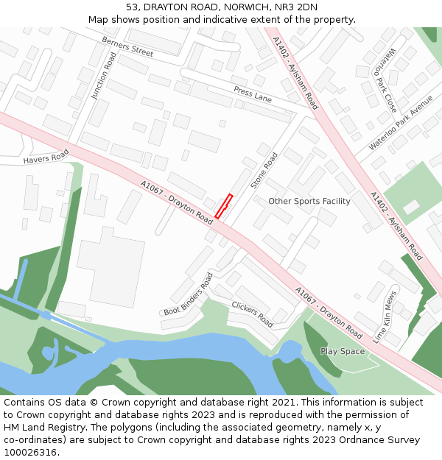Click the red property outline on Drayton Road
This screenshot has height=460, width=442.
pos(224,206)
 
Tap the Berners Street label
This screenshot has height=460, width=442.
pos(127,46)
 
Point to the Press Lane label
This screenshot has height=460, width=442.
pos(253,93)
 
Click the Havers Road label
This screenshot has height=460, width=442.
pos(46,156)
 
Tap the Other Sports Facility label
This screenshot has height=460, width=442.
pos(309,201)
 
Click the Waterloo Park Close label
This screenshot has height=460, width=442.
pos(387,78)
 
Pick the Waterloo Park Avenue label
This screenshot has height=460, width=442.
pos(401,122)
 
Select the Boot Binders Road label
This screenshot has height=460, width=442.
pos(188,294)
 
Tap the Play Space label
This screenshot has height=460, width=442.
pos(343,351)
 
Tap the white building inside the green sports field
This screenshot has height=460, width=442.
pos(411,207)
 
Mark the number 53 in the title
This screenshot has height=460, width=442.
pos(132,7)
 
